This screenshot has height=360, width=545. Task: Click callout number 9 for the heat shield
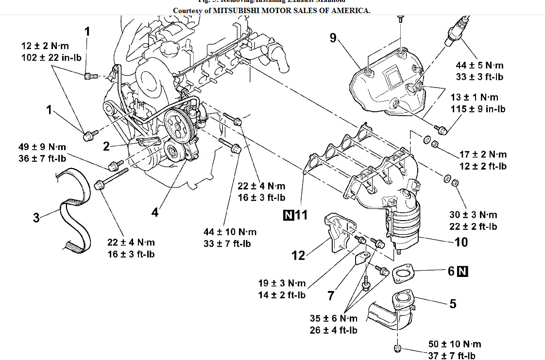click(x=333, y=38)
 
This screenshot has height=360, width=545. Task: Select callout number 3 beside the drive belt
click(x=36, y=217)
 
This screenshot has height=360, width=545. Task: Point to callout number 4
click(x=154, y=213)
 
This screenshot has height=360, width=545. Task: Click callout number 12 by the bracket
click(x=299, y=255)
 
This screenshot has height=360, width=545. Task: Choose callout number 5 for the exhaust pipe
click(x=453, y=304)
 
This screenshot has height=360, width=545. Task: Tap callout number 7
click(x=331, y=295)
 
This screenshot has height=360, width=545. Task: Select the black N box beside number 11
click(x=288, y=215)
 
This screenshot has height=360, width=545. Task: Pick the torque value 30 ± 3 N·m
click(x=474, y=215)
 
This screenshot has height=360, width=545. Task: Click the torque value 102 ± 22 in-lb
click(x=51, y=57)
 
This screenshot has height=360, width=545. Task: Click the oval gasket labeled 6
click(x=403, y=274)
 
